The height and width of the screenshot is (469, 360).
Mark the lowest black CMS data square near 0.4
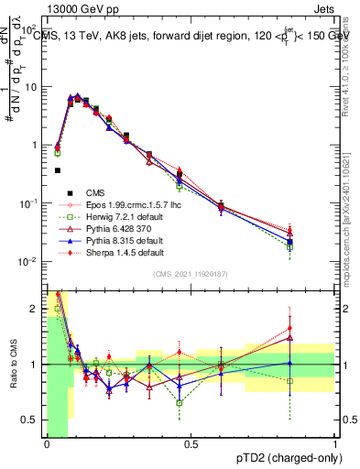pyautogui.click(x=58, y=170)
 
